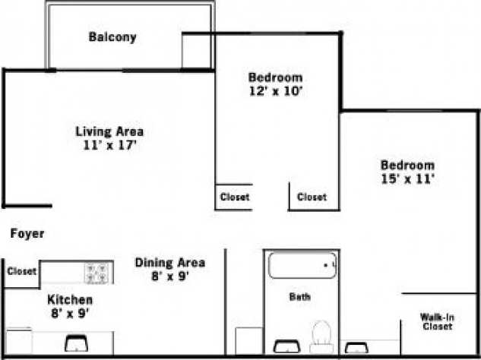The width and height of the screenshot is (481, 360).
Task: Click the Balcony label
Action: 112,36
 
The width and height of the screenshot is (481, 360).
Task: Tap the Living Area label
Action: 109,131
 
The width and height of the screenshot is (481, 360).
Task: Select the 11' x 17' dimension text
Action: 109,144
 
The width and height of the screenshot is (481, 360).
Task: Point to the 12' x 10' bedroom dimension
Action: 275,91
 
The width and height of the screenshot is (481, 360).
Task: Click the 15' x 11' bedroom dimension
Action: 407,179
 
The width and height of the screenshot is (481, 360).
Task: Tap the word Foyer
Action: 27,234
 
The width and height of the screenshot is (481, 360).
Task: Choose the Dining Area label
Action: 169,263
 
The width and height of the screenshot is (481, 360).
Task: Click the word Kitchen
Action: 70,299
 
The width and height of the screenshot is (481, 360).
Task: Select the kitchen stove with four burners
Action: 98,272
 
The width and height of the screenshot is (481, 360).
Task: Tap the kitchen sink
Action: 76,343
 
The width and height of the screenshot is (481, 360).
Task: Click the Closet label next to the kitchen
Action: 21,272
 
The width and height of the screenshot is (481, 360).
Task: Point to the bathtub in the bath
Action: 303,266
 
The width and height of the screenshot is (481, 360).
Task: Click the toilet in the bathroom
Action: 321,336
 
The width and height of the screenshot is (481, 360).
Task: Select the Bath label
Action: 299,296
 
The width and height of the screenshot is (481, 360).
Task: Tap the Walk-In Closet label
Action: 438,321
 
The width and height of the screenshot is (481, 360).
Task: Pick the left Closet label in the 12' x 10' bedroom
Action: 234,197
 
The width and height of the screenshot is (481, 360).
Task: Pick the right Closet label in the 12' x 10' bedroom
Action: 312,197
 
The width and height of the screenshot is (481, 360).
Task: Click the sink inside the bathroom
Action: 286,346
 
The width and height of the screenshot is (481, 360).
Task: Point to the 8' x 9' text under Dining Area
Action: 169,276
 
